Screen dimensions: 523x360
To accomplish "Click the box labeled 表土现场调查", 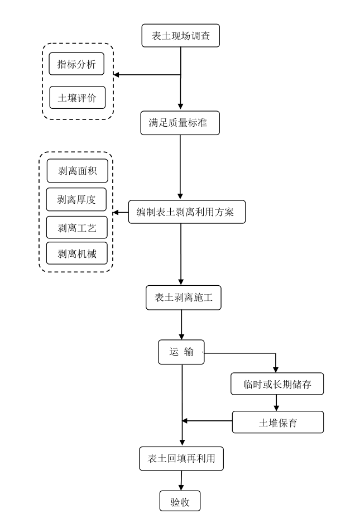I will point(180,36).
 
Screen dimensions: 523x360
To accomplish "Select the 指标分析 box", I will point(77,64).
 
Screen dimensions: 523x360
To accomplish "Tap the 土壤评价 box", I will point(77,98).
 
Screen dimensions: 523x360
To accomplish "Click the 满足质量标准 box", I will point(180,123).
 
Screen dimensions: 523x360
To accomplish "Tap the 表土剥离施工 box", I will point(184,298).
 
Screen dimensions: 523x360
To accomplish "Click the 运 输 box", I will point(181,352).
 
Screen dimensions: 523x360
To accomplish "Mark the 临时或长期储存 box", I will point(276,384).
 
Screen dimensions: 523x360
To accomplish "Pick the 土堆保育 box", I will point(277,422).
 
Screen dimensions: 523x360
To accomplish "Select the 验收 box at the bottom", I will point(180,501).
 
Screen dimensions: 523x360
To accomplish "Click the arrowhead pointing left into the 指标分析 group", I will point(117,75).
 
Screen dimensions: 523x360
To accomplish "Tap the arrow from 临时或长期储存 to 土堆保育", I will point(276,403).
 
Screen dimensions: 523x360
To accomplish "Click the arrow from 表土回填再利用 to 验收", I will point(181,481).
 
